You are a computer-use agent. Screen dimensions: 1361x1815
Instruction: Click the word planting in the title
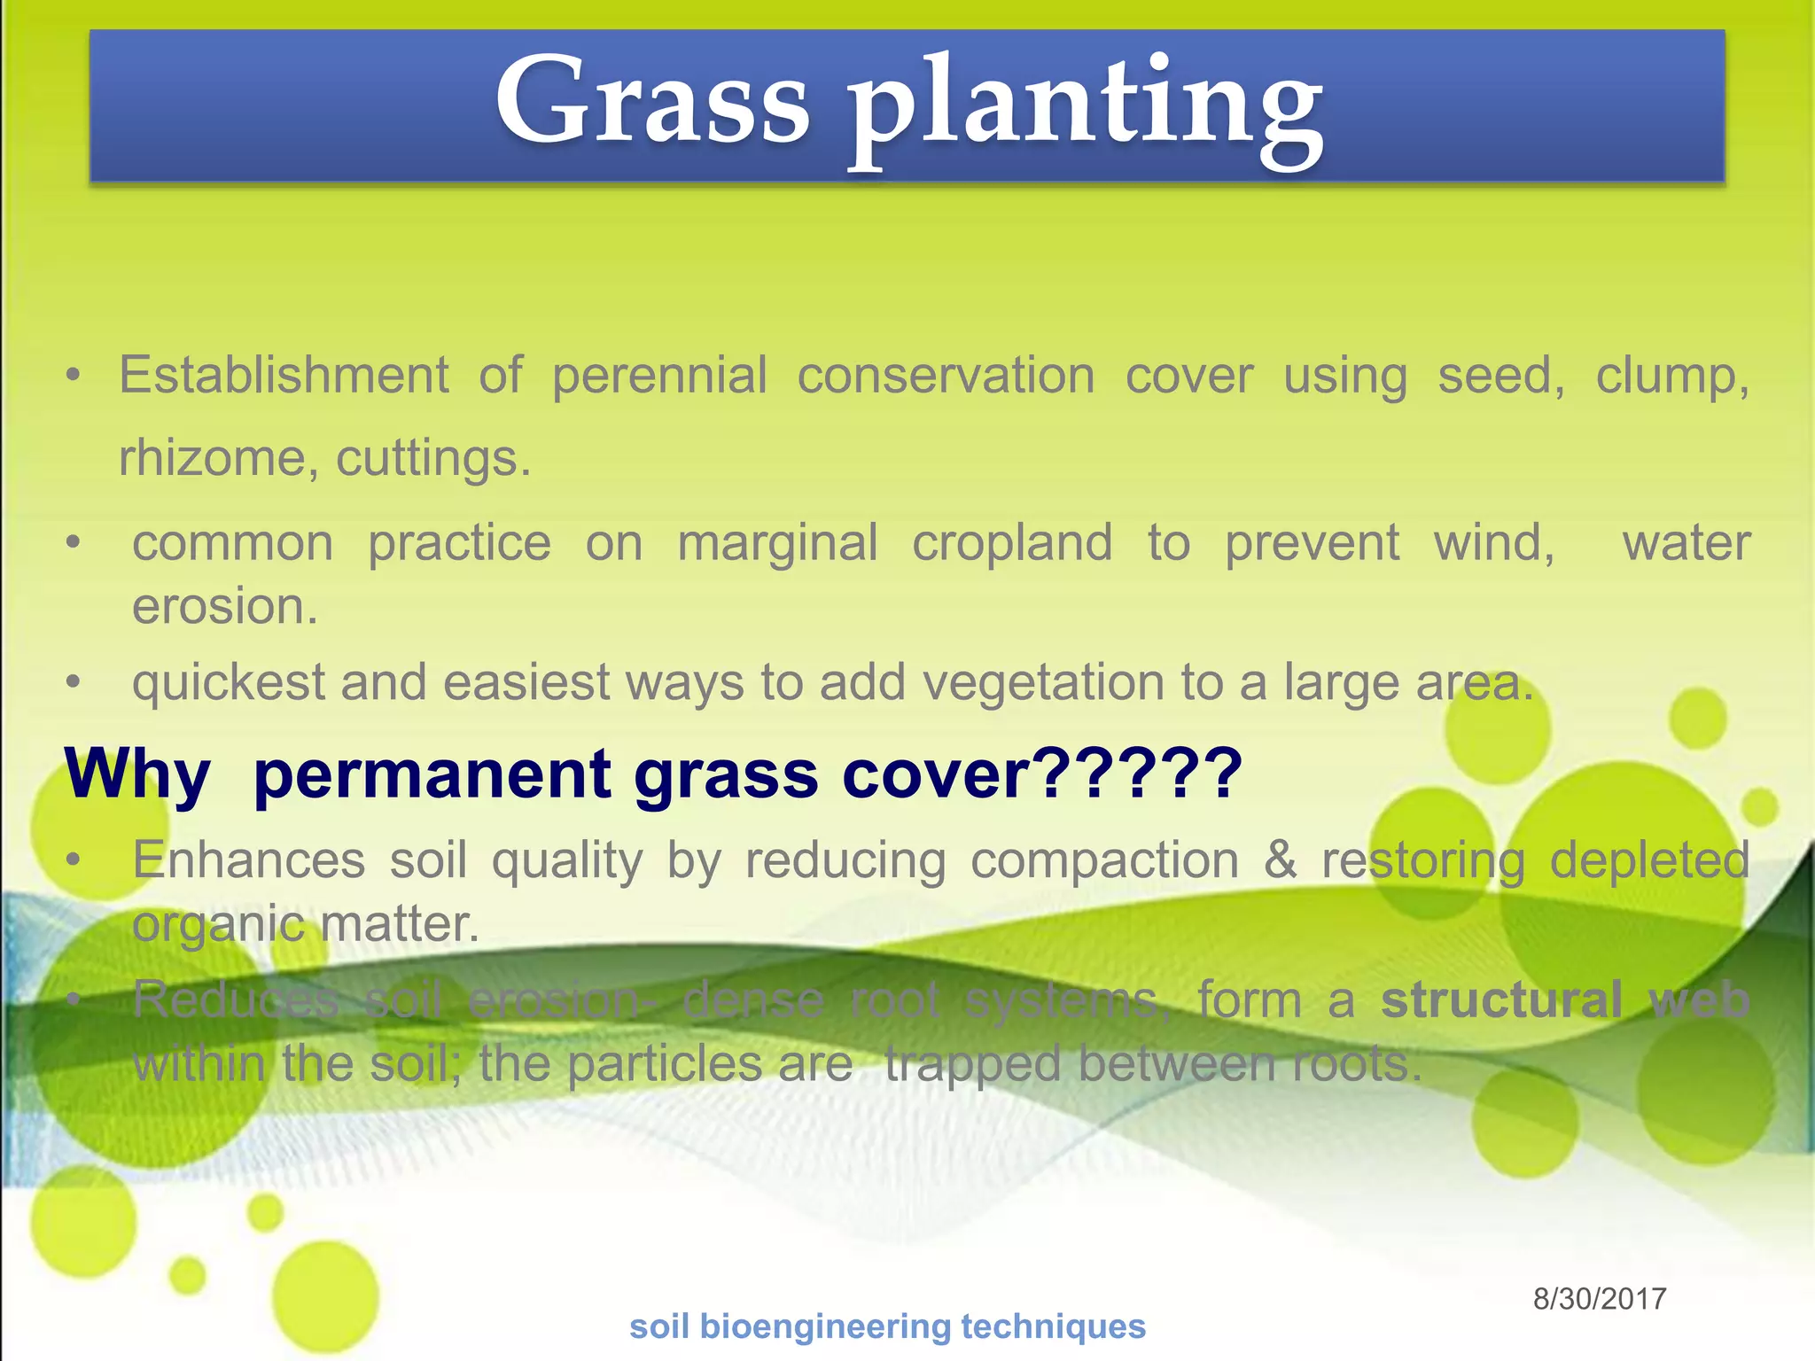(1086, 111)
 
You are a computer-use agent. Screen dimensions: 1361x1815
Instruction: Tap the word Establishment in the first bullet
(284, 376)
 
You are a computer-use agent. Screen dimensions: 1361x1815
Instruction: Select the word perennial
(659, 376)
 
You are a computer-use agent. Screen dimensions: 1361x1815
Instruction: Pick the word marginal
(777, 544)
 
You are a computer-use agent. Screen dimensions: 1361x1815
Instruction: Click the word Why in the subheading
(137, 774)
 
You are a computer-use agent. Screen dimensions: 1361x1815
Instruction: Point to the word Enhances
(248, 859)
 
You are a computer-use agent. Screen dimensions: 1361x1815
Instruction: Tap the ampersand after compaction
(1280, 859)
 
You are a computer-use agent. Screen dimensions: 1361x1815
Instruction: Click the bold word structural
(1501, 1000)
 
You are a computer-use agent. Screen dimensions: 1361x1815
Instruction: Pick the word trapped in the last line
(971, 1065)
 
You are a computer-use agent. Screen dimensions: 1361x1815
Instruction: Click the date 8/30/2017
(1600, 1299)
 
